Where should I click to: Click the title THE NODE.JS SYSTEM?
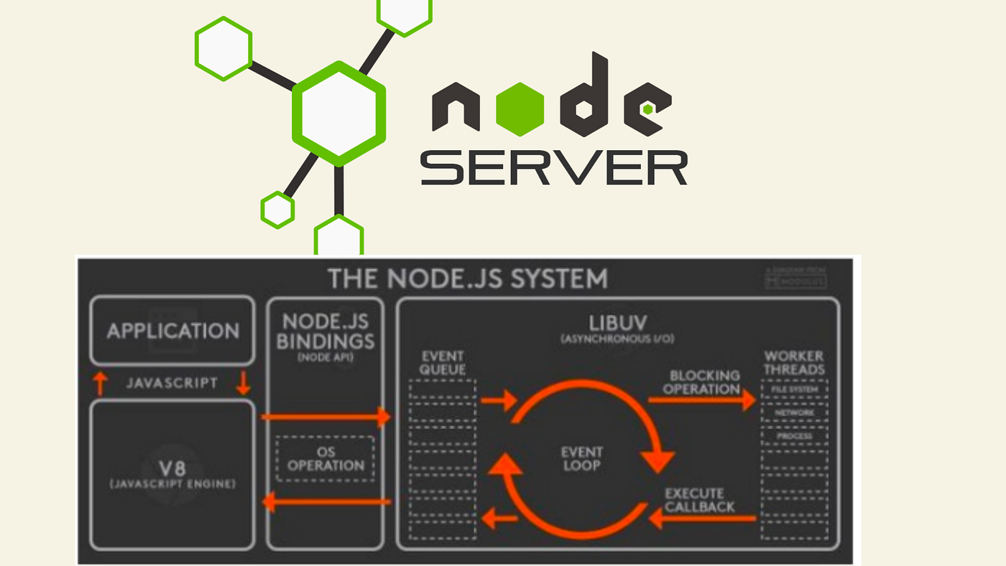tap(467, 278)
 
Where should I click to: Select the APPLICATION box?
tap(172, 331)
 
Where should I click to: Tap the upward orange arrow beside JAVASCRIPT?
tap(100, 383)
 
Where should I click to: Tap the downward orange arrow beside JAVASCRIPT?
tap(243, 383)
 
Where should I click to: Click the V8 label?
tap(172, 468)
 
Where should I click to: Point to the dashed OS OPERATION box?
tap(325, 458)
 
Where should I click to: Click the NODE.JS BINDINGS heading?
tap(326, 331)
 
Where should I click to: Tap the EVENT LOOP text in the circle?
tap(581, 458)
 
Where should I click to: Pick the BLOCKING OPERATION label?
tap(694, 382)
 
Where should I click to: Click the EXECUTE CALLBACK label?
tap(699, 500)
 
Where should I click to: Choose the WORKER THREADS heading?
tap(794, 363)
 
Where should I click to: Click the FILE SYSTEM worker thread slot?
tap(794, 389)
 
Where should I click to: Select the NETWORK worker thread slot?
tap(794, 413)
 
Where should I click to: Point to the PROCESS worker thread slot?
tap(794, 436)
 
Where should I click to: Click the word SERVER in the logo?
tap(553, 167)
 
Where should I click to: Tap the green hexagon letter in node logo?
tap(520, 109)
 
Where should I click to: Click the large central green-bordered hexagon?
tap(338, 113)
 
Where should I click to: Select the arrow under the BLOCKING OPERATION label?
tap(701, 400)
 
